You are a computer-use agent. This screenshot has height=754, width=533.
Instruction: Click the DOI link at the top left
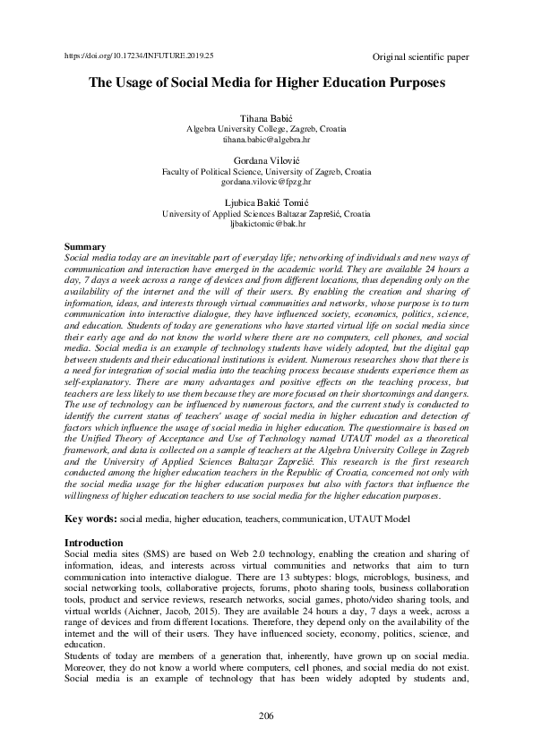coord(140,56)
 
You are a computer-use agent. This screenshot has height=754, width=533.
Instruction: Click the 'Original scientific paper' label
coord(419,57)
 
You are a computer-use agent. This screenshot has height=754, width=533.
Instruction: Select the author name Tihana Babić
coord(266,119)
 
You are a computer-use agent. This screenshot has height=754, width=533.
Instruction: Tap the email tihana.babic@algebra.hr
coord(266,141)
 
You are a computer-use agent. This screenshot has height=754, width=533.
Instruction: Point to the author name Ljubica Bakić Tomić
coord(266,203)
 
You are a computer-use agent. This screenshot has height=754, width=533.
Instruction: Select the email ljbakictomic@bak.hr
coord(266,225)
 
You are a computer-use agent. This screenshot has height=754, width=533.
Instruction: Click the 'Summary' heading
coord(86,246)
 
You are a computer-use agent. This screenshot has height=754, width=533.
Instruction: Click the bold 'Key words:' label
coord(92,519)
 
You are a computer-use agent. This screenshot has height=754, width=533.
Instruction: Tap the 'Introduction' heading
coord(95,543)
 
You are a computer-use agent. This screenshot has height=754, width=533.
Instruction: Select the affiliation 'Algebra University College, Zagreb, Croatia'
coord(266,130)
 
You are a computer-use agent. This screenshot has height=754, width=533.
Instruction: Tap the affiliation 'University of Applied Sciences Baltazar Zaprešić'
coord(266,214)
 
